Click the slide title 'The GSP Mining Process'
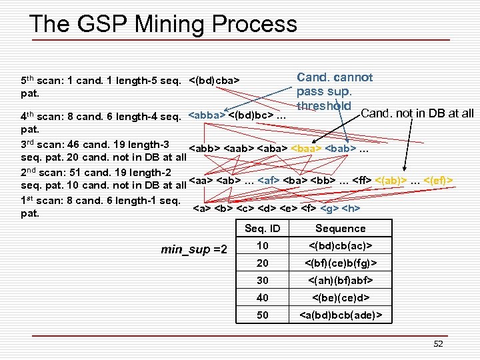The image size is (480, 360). coord(163,24)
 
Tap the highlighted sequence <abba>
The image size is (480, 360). coord(207,115)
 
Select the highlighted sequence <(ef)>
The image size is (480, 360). coord(440,180)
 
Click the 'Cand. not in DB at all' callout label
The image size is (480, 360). coord(417,113)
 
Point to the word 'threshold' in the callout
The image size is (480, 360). coord(323,105)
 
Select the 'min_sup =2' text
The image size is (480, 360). coord(194,249)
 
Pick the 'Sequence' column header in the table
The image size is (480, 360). coord(340,229)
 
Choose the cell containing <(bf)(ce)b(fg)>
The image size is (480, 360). coord(340,263)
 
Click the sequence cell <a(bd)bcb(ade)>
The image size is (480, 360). coord(340,314)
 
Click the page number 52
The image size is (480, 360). coord(437,343)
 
